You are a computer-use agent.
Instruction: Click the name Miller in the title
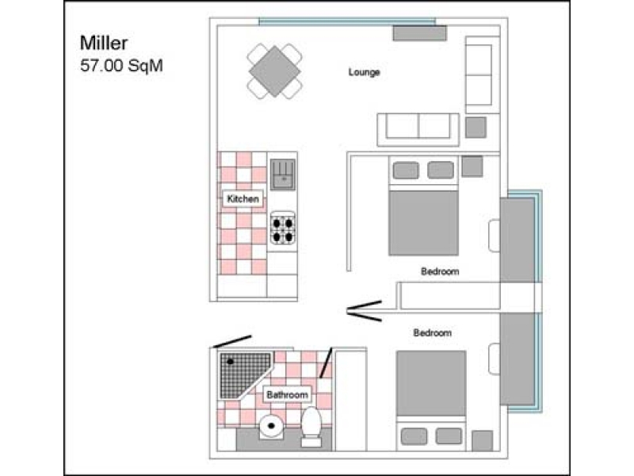(x=104, y=43)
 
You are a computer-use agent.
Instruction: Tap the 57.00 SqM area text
(x=121, y=66)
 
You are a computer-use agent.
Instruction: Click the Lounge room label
(x=364, y=72)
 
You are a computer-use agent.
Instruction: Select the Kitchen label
(x=243, y=199)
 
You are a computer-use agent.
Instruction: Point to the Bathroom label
(x=288, y=394)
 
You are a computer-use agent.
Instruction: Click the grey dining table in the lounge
(x=274, y=71)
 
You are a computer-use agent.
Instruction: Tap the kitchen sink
(x=283, y=174)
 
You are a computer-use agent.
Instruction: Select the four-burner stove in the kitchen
(x=283, y=228)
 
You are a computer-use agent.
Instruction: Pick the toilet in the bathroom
(x=311, y=427)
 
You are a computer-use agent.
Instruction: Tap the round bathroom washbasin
(x=271, y=426)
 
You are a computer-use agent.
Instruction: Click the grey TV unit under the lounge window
(x=420, y=33)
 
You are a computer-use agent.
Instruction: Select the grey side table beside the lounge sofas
(x=475, y=128)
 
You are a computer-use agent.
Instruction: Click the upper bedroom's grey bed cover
(x=423, y=223)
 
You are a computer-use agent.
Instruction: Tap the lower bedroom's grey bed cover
(x=431, y=383)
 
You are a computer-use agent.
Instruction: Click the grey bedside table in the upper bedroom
(x=472, y=167)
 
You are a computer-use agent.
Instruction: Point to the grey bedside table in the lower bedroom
(x=483, y=441)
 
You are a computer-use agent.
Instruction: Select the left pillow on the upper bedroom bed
(x=406, y=171)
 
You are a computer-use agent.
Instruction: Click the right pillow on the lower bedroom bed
(x=449, y=436)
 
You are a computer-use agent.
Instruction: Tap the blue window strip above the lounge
(x=347, y=21)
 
